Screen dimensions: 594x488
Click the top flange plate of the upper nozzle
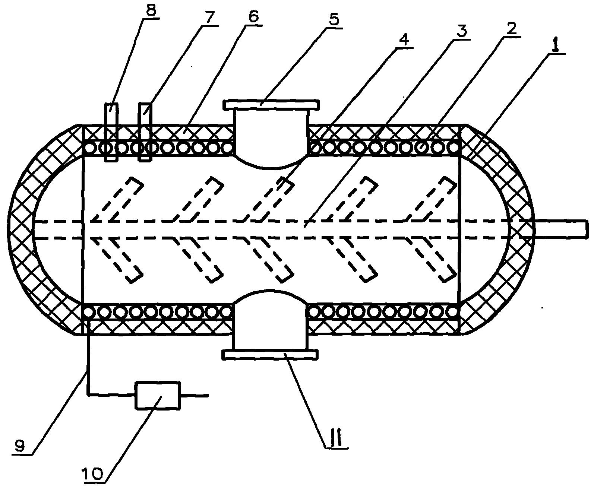click(271, 104)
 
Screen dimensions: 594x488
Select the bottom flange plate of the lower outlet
click(270, 354)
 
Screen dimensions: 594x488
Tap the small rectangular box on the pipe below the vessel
click(158, 395)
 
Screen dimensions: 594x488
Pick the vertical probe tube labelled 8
click(111, 132)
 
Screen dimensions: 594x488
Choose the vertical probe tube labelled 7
click(145, 132)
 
